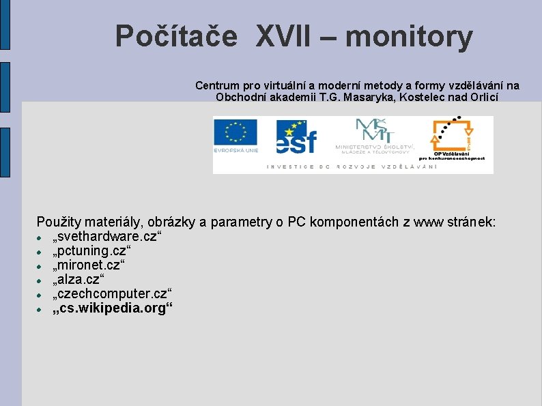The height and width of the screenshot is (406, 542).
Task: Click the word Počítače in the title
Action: coord(176,36)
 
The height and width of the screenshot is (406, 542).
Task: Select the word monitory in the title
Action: coord(409,38)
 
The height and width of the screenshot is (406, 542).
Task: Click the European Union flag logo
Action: coord(236,136)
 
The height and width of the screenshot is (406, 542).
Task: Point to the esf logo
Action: coord(296,136)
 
